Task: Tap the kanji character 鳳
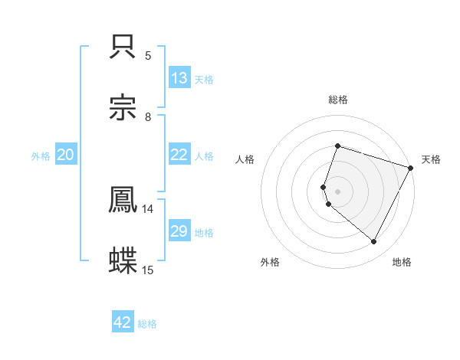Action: click(x=123, y=200)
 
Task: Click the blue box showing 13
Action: click(x=179, y=78)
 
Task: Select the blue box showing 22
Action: click(x=179, y=155)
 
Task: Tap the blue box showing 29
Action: click(x=179, y=231)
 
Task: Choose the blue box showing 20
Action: click(x=66, y=155)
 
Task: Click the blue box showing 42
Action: click(x=123, y=322)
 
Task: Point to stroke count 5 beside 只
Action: click(x=148, y=55)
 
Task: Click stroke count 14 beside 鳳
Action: click(x=148, y=208)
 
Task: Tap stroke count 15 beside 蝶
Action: click(x=148, y=270)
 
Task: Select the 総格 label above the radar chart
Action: click(x=338, y=100)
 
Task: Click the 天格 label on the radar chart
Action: click(x=431, y=159)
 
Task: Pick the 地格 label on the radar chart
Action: click(x=402, y=262)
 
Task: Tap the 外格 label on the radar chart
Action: click(x=270, y=262)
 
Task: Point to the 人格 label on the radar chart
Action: click(x=245, y=159)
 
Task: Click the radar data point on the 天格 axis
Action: click(x=411, y=167)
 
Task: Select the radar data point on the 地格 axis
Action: click(x=374, y=242)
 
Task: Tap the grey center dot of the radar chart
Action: click(x=337, y=191)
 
